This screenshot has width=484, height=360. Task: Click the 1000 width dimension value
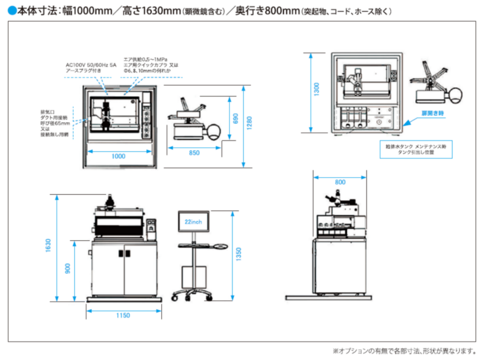pyautogui.click(x=119, y=155)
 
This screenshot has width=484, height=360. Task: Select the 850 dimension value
pyautogui.click(x=193, y=152)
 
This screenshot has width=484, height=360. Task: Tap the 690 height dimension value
pyautogui.click(x=235, y=118)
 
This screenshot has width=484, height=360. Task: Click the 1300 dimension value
pyautogui.click(x=316, y=90)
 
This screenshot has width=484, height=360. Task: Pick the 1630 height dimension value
pyautogui.click(x=47, y=244)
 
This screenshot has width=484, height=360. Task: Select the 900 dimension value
pyautogui.click(x=68, y=268)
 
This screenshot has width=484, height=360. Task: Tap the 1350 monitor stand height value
pyautogui.click(x=238, y=253)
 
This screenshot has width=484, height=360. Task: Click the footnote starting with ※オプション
pyautogui.click(x=404, y=351)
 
